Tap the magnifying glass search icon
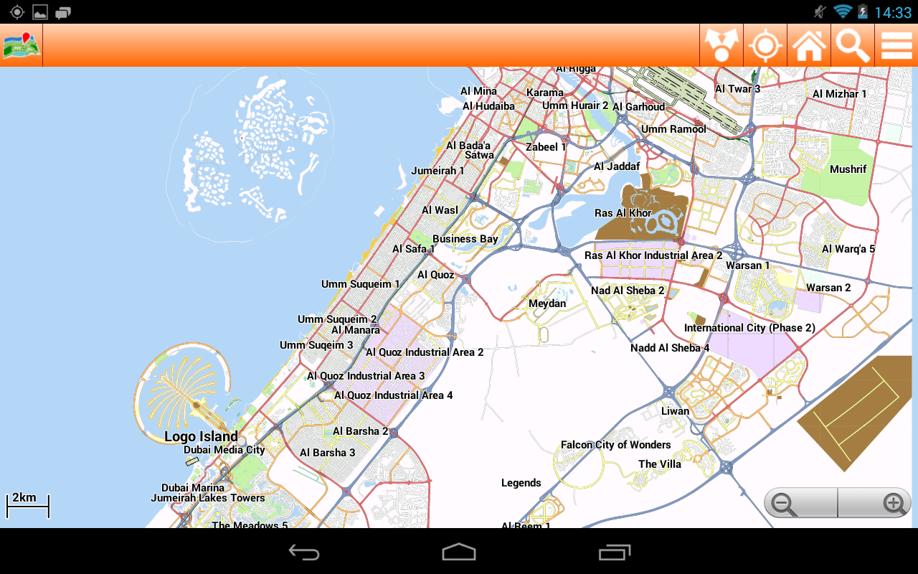coord(853,45)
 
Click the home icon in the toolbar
coord(809,45)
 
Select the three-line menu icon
coord(896,45)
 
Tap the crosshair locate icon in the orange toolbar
coord(765,45)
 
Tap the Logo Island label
coord(201,436)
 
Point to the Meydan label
coord(547,304)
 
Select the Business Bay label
coord(465,239)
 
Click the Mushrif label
coord(848,169)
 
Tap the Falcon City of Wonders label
coord(615,445)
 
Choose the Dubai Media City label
coord(224,450)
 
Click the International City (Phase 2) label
coord(749,328)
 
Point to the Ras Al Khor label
coord(623,213)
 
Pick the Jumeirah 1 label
coord(437,171)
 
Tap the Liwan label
coord(675,411)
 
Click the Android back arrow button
coord(304,552)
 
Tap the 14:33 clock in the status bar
coord(893,12)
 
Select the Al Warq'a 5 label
coord(848,249)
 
